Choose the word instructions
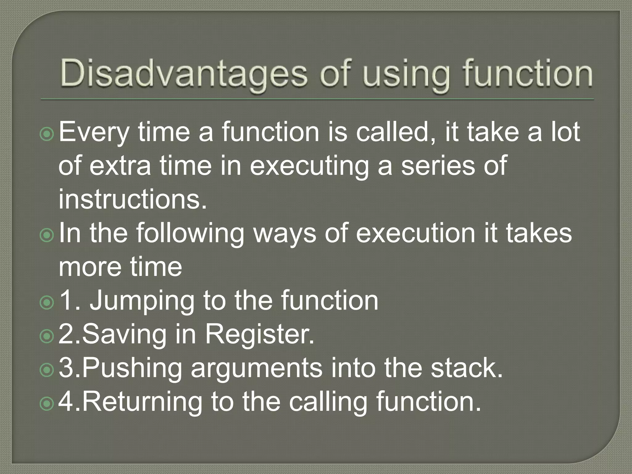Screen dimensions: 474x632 point(133,199)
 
